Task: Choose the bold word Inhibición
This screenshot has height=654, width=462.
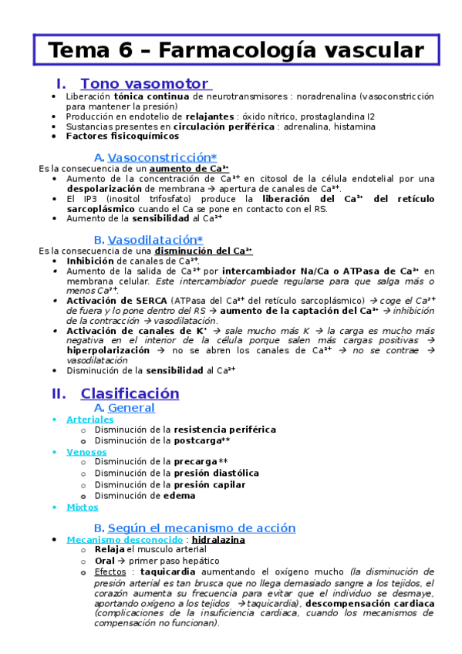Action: pos(90,261)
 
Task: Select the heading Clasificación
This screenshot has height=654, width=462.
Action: pos(130,393)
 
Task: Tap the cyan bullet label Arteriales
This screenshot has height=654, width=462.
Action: pos(90,419)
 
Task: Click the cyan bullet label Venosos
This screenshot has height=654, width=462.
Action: pos(86,451)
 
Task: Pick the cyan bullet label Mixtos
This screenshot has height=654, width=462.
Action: pos(83,507)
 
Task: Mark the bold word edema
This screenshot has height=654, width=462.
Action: pos(179,495)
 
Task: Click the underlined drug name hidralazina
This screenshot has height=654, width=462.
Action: pos(218,540)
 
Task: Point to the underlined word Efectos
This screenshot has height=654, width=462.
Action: pos(110,572)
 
